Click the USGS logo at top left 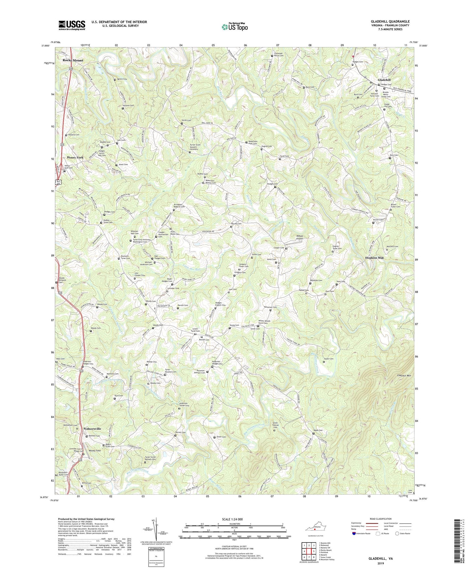click(x=72, y=25)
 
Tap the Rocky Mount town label click(x=73, y=60)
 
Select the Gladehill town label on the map click(x=384, y=80)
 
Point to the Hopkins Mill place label click(x=374, y=258)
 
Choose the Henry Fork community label click(x=75, y=157)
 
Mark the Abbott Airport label click(x=295, y=237)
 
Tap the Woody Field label click(x=95, y=451)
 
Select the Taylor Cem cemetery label click(x=329, y=359)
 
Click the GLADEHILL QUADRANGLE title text click(x=390, y=22)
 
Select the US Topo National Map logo click(x=234, y=27)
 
